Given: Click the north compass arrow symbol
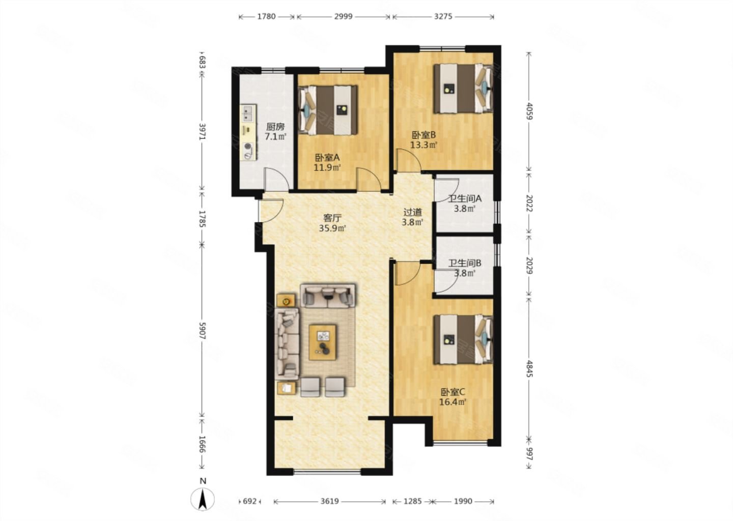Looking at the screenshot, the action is (203, 500).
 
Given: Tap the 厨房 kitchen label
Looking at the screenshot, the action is (275, 127).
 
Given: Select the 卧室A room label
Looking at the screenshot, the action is (327, 158).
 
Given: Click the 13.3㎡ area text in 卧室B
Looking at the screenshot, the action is (424, 144).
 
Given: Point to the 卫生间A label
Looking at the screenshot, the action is (465, 198).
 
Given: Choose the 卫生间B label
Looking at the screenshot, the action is (465, 263).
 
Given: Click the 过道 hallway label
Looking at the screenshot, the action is (412, 212).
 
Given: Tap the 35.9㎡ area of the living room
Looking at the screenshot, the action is (332, 228).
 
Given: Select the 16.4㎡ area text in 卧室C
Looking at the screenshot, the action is (453, 402).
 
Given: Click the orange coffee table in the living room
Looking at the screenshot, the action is (323, 342).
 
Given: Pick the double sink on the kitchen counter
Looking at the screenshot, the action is (248, 113).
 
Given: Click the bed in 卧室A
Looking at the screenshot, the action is (328, 110).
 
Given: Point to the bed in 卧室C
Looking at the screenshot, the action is (463, 339).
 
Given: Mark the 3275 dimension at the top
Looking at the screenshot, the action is (443, 16).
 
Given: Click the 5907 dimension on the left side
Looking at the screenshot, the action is (203, 331).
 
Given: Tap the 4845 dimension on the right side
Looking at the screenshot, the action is (530, 368).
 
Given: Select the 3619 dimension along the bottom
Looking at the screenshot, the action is (329, 501).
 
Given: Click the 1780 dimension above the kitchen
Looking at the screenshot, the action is (266, 16).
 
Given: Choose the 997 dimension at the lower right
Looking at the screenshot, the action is (530, 454).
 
